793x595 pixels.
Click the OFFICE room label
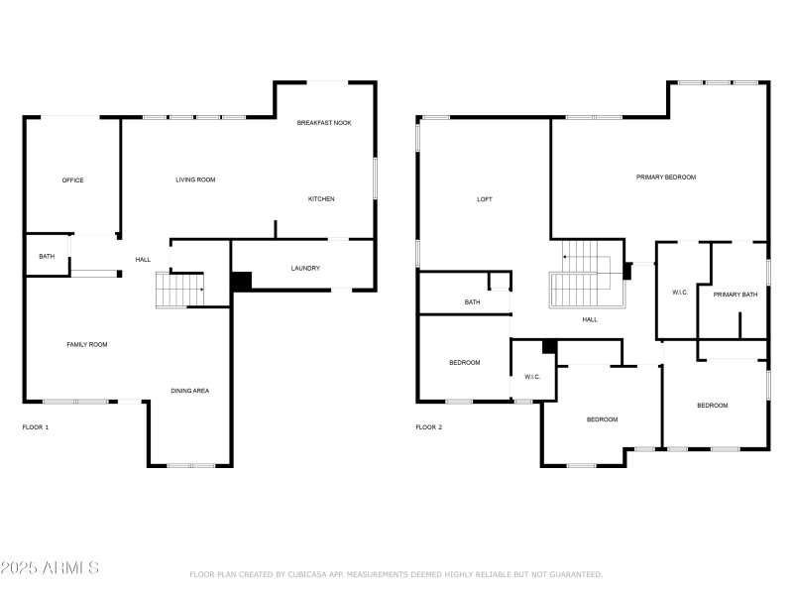click(72, 180)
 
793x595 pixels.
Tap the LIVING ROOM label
click(195, 179)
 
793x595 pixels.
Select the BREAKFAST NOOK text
click(324, 123)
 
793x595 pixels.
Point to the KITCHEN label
click(321, 199)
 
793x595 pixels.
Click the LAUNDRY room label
click(304, 269)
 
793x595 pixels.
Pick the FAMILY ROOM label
click(86, 344)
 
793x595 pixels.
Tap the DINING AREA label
click(189, 391)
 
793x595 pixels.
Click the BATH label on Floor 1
click(47, 257)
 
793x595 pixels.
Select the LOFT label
click(485, 199)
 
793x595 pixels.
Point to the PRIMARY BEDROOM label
click(666, 178)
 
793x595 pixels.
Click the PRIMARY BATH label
click(735, 294)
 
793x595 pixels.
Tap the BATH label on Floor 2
click(473, 302)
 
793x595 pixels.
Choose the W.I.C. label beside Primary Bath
click(680, 293)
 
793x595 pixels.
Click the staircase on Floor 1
click(179, 290)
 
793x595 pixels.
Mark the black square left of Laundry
click(241, 281)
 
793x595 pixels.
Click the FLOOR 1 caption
click(36, 427)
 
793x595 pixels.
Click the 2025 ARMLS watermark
click(50, 568)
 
